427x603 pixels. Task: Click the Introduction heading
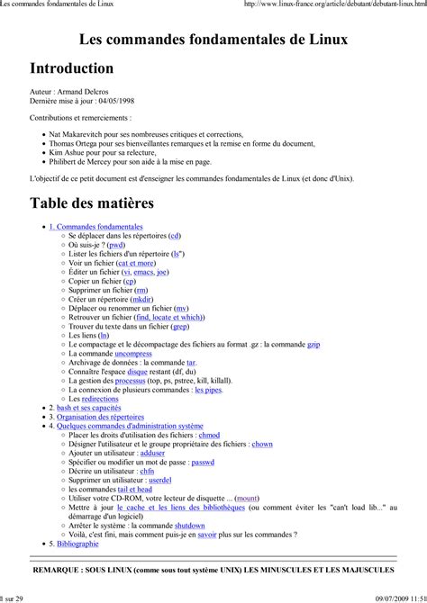point(72,68)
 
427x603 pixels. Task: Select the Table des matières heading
point(92,202)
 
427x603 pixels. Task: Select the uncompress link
point(140,354)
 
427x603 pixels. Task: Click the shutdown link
point(189,525)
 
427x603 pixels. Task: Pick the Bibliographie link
point(77,544)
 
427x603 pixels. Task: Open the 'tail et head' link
point(135,489)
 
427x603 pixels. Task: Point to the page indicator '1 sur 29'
point(14,596)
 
